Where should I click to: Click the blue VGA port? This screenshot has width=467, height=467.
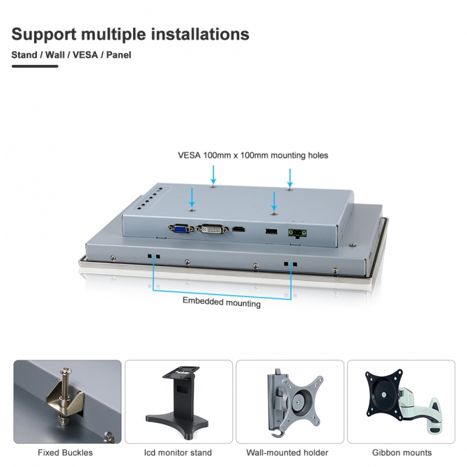181,229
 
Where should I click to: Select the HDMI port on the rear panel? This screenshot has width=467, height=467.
238,229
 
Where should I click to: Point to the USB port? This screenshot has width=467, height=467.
271,231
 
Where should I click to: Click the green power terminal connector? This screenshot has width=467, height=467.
297,233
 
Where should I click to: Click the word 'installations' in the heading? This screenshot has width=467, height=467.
200,33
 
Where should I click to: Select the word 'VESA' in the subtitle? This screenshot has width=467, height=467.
85,55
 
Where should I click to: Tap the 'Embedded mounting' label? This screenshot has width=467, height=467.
221,302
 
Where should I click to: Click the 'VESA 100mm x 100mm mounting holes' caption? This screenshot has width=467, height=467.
253,155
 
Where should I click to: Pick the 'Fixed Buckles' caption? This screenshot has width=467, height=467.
66,452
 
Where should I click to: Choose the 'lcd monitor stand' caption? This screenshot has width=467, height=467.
178,452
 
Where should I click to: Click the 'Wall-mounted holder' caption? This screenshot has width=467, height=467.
287,452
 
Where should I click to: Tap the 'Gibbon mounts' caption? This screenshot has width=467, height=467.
401,452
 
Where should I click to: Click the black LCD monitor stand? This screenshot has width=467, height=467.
178,402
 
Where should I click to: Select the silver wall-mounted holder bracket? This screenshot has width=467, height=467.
295,402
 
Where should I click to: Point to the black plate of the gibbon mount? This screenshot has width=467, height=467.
384,395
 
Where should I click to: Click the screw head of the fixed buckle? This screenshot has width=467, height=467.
66,371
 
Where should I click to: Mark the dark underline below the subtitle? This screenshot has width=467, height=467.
35,66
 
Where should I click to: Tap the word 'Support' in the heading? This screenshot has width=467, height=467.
44,35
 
